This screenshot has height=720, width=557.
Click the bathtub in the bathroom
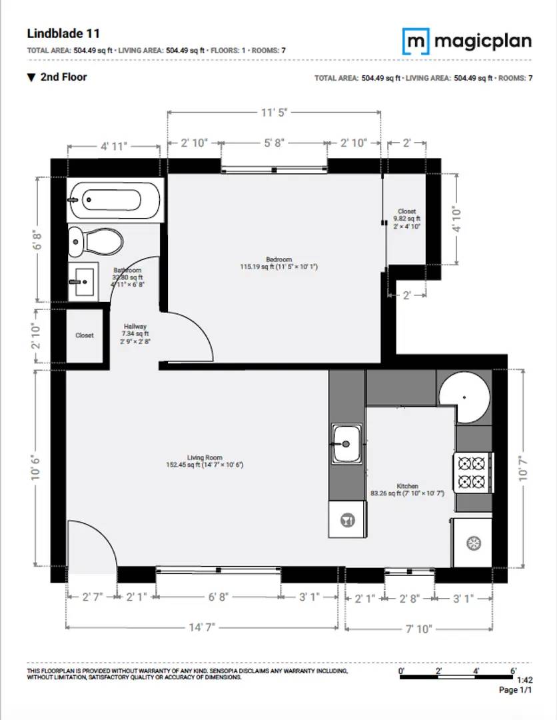(115, 200)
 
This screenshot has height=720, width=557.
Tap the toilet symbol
(96, 241)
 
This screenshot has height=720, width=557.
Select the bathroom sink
(83, 282)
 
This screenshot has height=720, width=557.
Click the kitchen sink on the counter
(346, 443)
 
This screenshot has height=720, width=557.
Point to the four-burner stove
(473, 471)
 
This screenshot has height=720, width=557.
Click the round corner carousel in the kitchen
(464, 396)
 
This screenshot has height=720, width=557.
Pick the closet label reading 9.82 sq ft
(406, 218)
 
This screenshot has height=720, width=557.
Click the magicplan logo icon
(416, 41)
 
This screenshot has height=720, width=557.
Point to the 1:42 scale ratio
(524, 680)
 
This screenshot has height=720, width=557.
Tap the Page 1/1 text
(516, 690)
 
